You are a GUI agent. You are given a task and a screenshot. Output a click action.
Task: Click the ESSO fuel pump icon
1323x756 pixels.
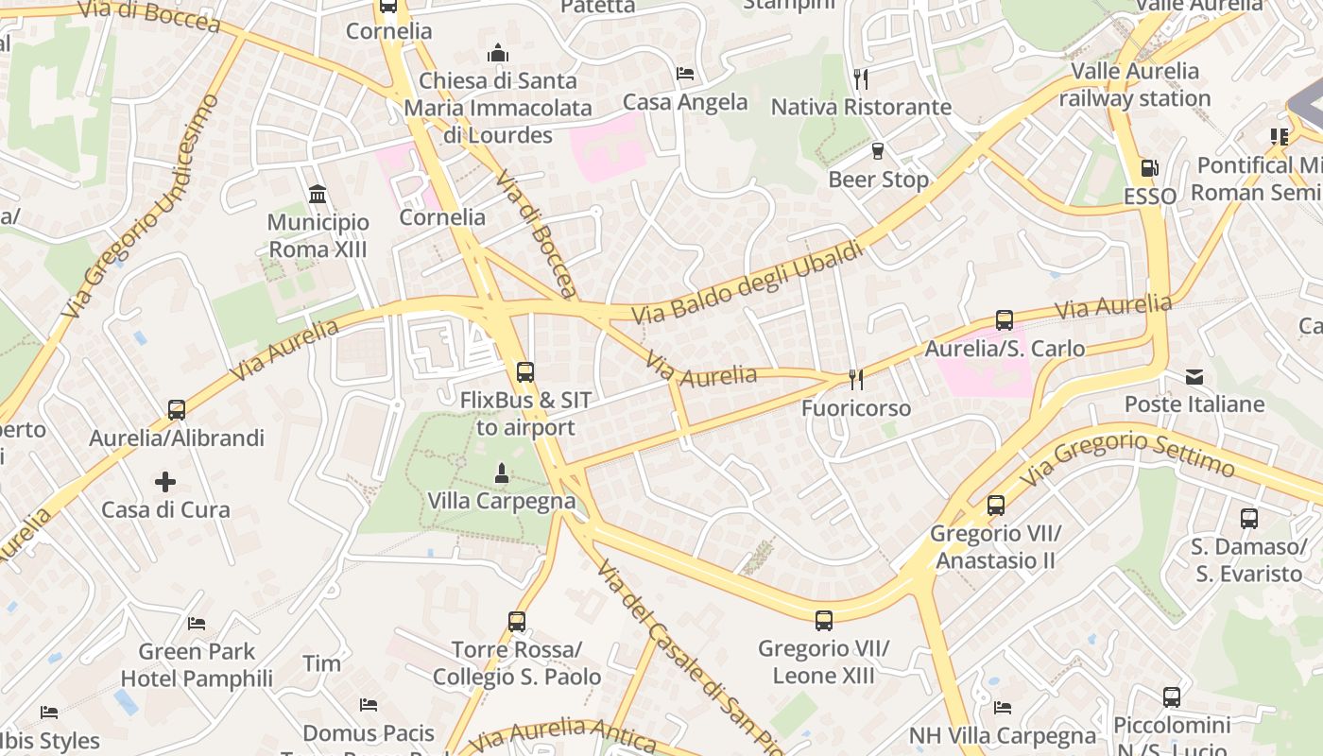(x=1149, y=169)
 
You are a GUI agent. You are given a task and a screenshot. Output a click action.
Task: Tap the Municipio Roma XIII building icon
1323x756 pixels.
(x=318, y=195)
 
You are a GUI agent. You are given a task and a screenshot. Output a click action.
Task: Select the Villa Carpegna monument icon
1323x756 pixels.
(x=502, y=472)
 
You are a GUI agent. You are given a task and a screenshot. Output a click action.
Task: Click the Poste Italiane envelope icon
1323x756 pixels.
(x=1194, y=377)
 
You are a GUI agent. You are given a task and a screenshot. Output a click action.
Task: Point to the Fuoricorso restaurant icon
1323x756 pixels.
(x=856, y=380)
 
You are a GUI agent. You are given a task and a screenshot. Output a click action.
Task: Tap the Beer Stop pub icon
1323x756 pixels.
(x=878, y=151)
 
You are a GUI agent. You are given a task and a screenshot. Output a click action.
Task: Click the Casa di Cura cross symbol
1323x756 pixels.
(x=165, y=482)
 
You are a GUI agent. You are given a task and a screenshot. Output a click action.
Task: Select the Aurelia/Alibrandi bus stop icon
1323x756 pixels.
(x=177, y=410)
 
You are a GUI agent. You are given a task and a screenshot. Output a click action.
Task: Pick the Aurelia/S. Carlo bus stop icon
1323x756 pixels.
(x=1005, y=320)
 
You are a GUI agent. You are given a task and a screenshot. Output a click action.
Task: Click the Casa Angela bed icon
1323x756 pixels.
(x=685, y=74)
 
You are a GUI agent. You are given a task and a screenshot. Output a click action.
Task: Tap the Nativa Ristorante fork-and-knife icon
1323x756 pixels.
(x=860, y=78)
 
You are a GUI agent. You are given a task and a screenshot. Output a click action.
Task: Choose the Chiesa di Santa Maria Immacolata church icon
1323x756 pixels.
(x=498, y=53)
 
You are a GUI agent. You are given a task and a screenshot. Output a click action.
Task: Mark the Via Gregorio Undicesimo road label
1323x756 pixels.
(x=140, y=206)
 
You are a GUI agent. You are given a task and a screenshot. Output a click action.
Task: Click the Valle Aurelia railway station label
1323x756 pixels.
(x=1134, y=85)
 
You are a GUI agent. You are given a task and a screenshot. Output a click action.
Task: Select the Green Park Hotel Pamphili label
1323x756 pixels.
(x=197, y=665)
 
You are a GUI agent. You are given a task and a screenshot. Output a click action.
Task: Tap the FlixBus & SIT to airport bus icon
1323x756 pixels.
(x=525, y=372)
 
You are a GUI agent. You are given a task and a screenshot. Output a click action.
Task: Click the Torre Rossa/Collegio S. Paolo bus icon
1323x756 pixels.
(x=517, y=622)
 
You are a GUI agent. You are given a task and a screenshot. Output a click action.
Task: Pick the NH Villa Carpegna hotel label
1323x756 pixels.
(x=1003, y=736)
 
